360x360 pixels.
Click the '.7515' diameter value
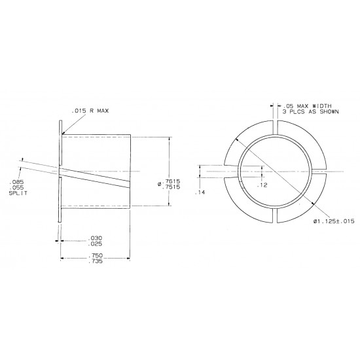pyautogui.click(x=173, y=188)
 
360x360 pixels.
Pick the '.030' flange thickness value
pyautogui.click(x=95, y=238)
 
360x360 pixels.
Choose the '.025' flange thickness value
pyautogui.click(x=95, y=243)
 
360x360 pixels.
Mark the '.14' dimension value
pyautogui.click(x=200, y=193)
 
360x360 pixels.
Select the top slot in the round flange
pyautogui.click(x=275, y=130)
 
